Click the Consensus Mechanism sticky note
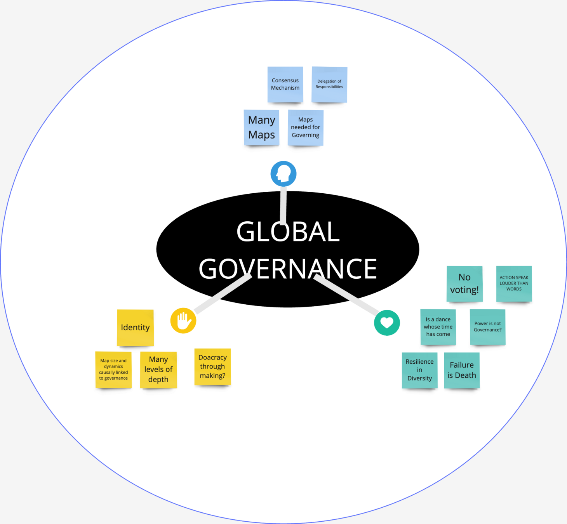tap(285, 84)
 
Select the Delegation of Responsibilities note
tap(329, 84)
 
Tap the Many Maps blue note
tap(261, 127)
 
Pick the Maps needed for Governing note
tap(306, 127)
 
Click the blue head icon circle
tap(283, 174)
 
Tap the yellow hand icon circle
tap(183, 321)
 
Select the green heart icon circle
tap(387, 323)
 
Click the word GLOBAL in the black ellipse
tap(288, 232)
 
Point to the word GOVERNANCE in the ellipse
tap(288, 269)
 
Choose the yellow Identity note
tap(135, 327)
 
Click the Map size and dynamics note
tap(113, 370)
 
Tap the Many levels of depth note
tap(158, 370)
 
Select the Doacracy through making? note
tap(212, 366)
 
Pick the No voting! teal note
tap(464, 283)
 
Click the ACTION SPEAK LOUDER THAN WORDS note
tap(514, 283)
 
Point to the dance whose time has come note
tap(438, 326)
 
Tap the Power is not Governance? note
tap(487, 326)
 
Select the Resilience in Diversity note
tap(419, 370)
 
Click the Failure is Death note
tap(462, 370)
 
